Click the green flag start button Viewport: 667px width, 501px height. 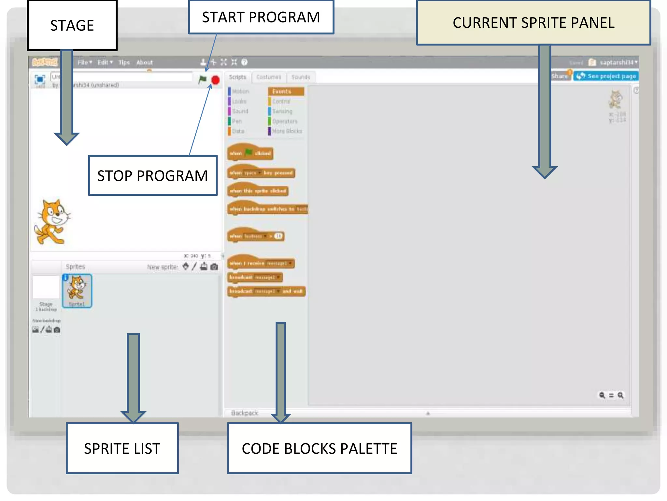tap(203, 79)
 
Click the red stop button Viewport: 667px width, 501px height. tap(215, 80)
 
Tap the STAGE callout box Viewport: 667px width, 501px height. tap(72, 25)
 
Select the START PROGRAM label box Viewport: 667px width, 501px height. tap(261, 17)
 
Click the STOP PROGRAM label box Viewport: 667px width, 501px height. tap(152, 176)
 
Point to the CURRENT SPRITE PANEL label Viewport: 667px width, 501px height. tap(533, 23)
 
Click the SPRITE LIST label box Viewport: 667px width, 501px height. tap(122, 448)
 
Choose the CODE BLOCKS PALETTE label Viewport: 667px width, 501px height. tap(319, 448)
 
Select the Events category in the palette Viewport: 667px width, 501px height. tap(286, 91)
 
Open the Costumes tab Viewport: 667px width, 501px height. tap(269, 77)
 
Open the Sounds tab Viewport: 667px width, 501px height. tap(300, 77)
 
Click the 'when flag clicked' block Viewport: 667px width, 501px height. tap(250, 153)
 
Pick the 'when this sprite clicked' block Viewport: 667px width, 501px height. tap(258, 191)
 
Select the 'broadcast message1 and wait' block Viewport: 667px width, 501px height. tap(266, 291)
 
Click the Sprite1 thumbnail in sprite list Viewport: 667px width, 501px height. tap(77, 290)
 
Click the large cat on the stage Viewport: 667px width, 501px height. tap(52, 222)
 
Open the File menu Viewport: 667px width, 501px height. tap(84, 62)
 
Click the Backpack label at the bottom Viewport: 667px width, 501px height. tap(244, 413)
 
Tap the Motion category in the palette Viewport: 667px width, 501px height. tap(240, 91)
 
